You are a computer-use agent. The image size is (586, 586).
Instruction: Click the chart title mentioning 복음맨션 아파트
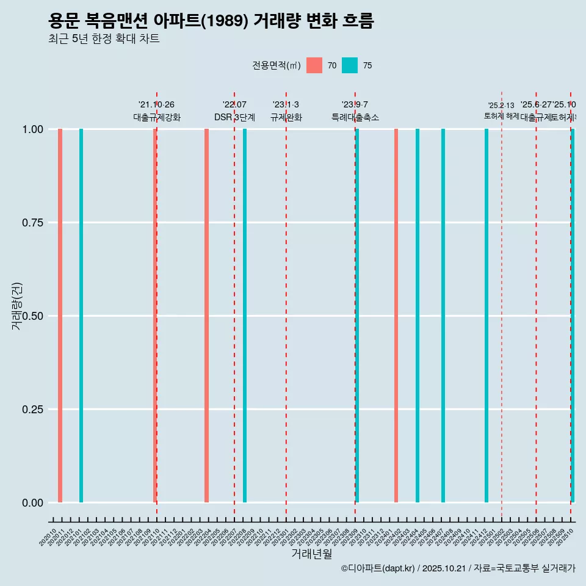(211, 21)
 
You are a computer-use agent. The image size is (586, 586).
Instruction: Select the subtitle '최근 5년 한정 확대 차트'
(104, 39)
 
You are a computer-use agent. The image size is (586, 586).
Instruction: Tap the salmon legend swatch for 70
(314, 65)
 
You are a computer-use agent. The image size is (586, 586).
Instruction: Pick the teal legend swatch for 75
(350, 65)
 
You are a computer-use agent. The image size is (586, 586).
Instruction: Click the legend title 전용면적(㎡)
(276, 65)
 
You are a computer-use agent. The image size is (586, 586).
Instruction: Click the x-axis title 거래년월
(311, 554)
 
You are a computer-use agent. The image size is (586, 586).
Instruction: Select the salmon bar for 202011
(60, 316)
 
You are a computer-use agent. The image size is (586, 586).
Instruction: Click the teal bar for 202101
(81, 316)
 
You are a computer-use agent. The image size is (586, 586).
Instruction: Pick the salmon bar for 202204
(207, 316)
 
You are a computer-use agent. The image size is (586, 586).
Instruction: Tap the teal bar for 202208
(245, 316)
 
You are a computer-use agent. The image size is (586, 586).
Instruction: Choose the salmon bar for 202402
(396, 316)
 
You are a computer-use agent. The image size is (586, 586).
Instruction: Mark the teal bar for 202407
(443, 316)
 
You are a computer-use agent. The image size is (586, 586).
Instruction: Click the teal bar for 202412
(487, 316)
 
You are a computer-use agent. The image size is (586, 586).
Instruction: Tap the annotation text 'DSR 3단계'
(234, 117)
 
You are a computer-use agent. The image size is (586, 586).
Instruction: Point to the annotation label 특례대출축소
(355, 117)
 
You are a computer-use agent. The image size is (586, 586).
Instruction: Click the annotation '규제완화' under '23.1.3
(286, 117)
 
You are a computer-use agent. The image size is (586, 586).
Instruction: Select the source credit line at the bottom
(458, 568)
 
